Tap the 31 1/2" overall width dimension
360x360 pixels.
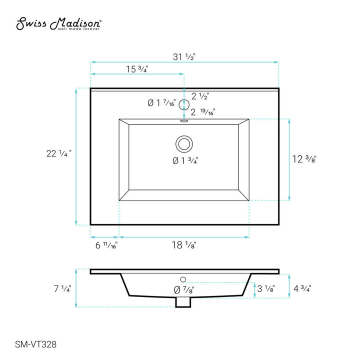tap(184, 56)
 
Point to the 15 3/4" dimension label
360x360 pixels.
tap(136, 69)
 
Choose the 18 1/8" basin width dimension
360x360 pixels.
tap(183, 245)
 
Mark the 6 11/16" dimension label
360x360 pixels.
tap(106, 245)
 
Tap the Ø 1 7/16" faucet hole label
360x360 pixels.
tap(161, 103)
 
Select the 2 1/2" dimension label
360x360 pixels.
tap(200, 95)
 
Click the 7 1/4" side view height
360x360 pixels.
tap(62, 289)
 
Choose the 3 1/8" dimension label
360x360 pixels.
tap(265, 289)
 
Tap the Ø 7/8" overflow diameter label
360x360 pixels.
tap(183, 289)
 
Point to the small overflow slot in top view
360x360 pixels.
tap(183, 121)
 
